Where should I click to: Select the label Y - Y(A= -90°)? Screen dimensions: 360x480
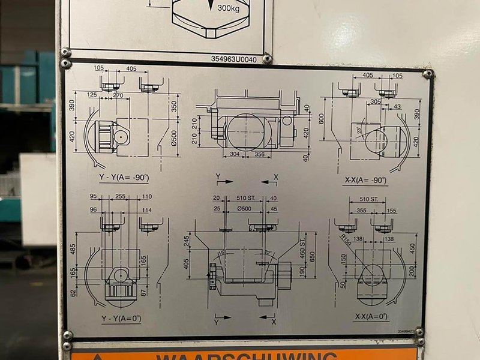[x=124, y=178]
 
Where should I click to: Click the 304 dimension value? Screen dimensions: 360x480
[x=235, y=155]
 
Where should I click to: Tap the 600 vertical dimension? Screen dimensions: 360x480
[x=322, y=119]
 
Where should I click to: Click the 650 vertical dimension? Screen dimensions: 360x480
[x=312, y=258]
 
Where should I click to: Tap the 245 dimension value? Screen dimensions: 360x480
[x=187, y=241]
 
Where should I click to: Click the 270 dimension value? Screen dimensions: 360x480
[x=118, y=95]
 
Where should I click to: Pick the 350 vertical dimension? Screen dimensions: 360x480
[x=174, y=107]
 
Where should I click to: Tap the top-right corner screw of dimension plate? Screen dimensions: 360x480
[x=427, y=74]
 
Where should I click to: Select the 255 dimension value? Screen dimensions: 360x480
[x=120, y=196]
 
